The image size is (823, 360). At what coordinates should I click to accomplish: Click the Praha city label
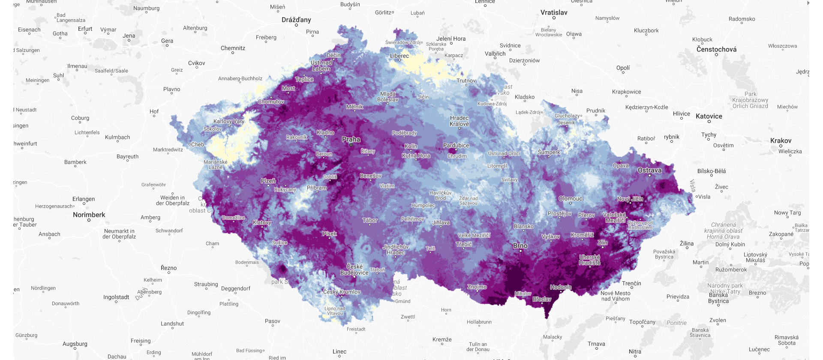351,139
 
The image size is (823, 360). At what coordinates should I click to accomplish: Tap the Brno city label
520,246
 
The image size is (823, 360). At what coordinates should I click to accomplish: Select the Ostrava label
649,170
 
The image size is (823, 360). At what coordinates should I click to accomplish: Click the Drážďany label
296,20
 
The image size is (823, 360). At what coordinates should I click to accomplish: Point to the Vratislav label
554,12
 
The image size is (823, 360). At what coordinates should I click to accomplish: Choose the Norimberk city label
89,215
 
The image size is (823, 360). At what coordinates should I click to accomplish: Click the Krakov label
781,141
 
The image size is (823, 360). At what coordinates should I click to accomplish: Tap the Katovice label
709,116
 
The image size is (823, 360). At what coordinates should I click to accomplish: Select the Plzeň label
268,181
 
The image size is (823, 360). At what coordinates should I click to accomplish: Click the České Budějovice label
354,270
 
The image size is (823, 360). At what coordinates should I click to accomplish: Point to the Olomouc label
571,198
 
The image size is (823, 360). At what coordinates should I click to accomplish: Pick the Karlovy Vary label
229,121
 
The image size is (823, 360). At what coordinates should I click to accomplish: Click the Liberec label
399,56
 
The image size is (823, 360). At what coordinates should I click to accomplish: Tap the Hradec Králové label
459,121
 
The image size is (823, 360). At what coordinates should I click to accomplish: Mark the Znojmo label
477,287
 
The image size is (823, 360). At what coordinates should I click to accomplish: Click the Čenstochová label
716,49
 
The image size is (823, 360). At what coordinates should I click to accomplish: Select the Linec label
339,351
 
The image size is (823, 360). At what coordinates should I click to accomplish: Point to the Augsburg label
75,344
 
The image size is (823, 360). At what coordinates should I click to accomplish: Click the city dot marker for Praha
351,145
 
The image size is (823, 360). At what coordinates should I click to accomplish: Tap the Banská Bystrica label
718,298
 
